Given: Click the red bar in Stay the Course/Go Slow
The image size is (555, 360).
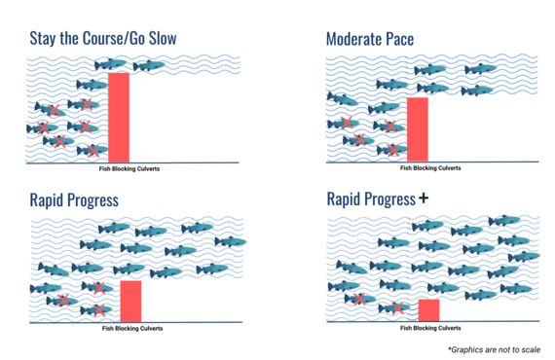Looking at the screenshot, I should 119,117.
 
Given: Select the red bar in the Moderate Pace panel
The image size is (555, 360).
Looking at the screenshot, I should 417,126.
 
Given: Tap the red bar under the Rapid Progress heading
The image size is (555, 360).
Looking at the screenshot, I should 131,300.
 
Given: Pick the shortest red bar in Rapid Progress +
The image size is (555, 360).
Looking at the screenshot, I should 428,309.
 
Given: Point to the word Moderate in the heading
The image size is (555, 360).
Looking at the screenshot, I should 358,39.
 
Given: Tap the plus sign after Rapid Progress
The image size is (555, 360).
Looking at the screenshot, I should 423,198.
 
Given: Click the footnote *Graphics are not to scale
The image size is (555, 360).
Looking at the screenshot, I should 494,348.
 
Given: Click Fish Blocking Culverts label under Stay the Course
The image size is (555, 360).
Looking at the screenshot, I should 129,168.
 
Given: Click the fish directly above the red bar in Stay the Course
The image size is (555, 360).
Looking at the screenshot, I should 109,65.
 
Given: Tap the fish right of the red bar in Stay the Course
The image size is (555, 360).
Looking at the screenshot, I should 149,66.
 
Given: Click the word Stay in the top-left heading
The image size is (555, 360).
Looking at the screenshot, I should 45,39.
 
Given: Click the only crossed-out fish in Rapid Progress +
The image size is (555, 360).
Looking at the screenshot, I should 395,308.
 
